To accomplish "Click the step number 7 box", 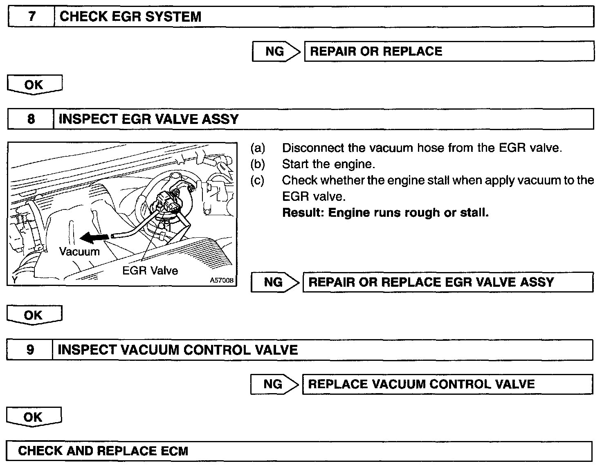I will coord(31,17).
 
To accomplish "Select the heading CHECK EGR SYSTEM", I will coord(130,17).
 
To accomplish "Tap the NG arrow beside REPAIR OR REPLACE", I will coord(276,51).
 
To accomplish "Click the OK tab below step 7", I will coord(34,85).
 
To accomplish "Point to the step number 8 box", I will coord(31,119).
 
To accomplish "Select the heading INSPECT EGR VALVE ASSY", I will coord(148,119).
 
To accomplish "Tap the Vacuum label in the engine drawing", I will coord(79,251).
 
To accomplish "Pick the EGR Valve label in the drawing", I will coord(150,270).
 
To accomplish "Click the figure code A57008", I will coord(222,281).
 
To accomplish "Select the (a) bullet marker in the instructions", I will coord(258,148).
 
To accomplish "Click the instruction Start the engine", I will coord(328,164).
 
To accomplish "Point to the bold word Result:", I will coord(303,213).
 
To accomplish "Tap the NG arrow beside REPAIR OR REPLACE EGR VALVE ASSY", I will coord(275,282).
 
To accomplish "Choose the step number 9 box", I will coord(30,350).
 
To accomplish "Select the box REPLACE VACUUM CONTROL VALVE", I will coord(447,384).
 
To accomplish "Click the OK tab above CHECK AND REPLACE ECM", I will coord(33,417).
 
